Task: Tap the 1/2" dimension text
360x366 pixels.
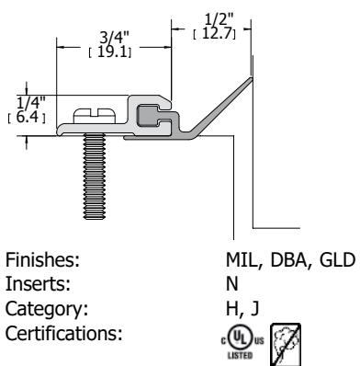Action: click(219, 20)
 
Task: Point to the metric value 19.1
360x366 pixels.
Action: click(112, 52)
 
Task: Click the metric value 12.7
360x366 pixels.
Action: click(217, 33)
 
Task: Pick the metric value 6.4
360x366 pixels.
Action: click(28, 117)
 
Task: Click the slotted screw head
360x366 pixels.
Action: click(95, 116)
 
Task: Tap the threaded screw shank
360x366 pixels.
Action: click(95, 177)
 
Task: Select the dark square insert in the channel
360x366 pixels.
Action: click(148, 115)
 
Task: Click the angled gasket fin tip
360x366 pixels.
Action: click(251, 79)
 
